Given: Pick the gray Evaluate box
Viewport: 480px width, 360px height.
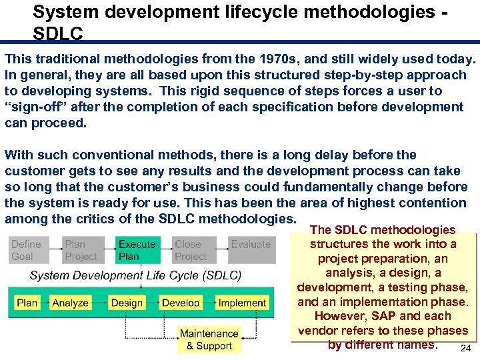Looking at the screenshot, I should click(251, 250).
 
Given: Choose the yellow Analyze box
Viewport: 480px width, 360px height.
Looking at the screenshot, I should click(70, 303).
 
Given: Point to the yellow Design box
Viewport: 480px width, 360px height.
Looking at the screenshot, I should click(127, 303).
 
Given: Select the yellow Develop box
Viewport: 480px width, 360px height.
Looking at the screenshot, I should click(181, 303).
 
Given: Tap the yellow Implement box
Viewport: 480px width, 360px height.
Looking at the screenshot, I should click(242, 303).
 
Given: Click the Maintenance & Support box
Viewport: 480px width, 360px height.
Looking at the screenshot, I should click(209, 339).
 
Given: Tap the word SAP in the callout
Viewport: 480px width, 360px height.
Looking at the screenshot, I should click(385, 316).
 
